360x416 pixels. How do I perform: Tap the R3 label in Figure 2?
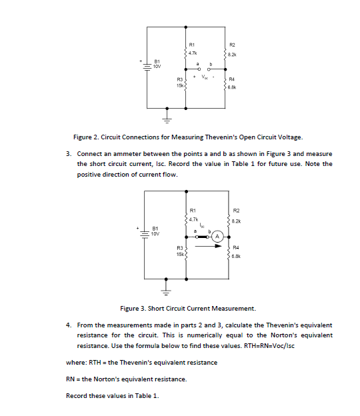[180, 80]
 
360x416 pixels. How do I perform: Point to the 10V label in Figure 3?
[155, 233]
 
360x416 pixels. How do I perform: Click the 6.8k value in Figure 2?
[232, 87]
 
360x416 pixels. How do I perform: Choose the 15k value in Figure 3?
[179, 254]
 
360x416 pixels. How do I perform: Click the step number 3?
[69, 154]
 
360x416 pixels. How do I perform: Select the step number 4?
[69, 325]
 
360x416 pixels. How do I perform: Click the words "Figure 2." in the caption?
[86, 137]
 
